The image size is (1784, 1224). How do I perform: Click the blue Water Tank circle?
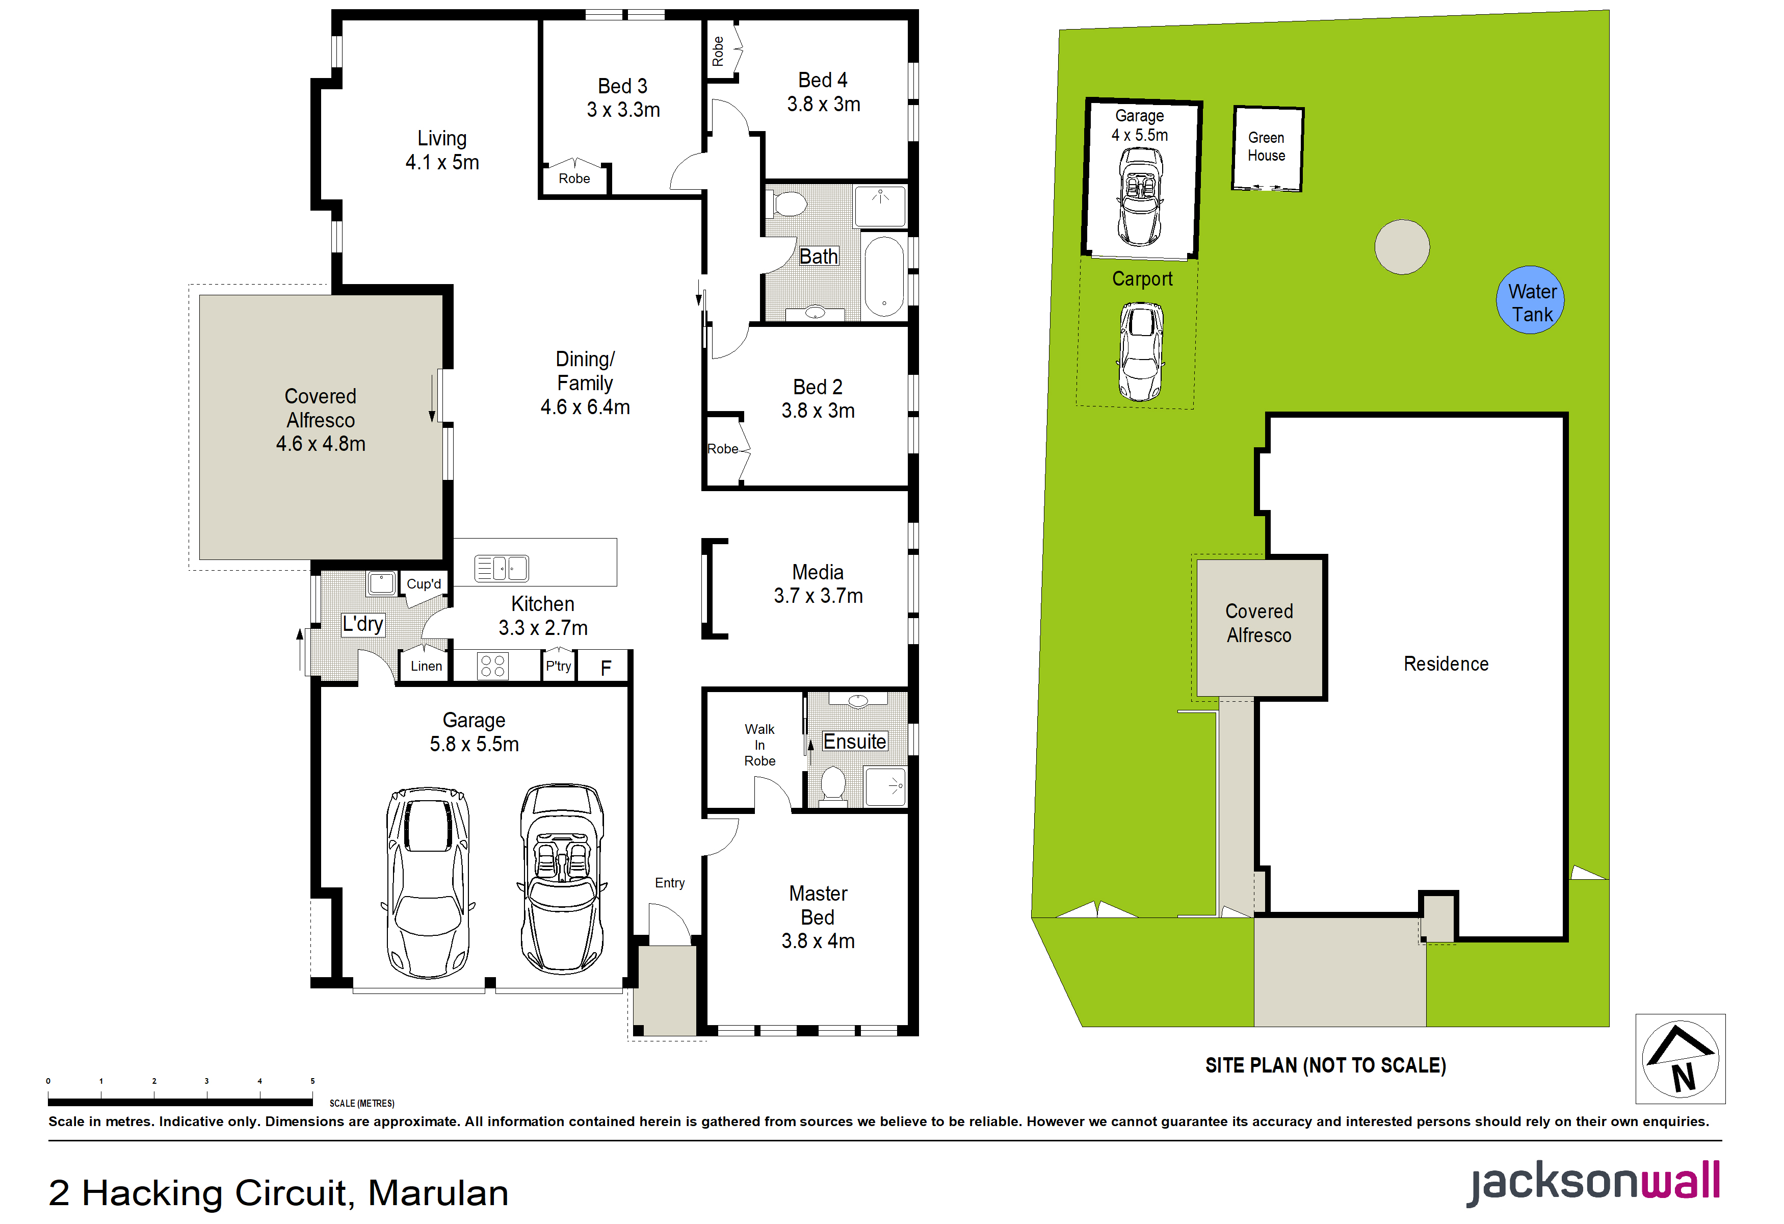click(1530, 300)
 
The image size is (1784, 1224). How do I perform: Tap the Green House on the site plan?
click(1267, 149)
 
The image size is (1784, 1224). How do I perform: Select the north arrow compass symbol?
click(1681, 1059)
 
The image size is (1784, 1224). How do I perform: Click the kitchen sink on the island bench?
click(501, 568)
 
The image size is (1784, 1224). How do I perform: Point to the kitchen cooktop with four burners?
click(492, 666)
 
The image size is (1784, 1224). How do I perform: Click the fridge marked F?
click(606, 667)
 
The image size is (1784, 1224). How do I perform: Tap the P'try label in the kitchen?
click(558, 666)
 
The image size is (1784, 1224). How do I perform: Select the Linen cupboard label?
click(426, 666)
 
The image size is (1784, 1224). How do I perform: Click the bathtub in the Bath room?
click(884, 276)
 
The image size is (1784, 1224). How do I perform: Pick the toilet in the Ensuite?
click(833, 785)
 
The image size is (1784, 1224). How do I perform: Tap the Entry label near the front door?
click(669, 883)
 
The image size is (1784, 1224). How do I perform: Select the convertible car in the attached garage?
click(562, 879)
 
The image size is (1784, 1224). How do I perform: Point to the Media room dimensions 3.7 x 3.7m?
click(818, 596)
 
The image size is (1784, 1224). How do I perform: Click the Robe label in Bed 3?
click(574, 178)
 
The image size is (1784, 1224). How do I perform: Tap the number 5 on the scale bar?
click(312, 1081)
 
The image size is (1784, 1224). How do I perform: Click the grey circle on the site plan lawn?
click(1402, 246)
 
